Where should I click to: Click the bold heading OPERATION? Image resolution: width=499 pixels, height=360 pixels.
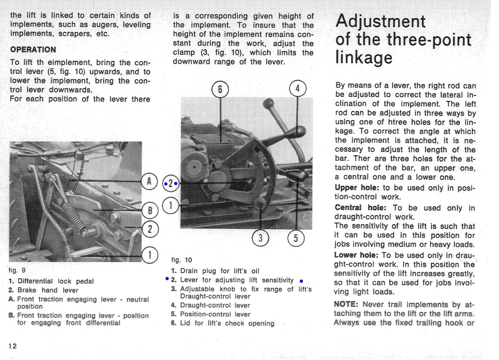tap(33, 49)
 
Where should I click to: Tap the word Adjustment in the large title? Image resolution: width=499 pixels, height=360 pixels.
tap(380, 21)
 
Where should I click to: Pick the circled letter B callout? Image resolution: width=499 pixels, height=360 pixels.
tap(150, 210)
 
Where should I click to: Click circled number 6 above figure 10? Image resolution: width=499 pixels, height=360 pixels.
tap(220, 89)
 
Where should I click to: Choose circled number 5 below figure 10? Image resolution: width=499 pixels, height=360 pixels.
tap(296, 238)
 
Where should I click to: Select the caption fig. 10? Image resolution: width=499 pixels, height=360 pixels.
tap(182, 260)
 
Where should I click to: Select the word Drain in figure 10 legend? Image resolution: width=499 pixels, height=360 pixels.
tap(189, 271)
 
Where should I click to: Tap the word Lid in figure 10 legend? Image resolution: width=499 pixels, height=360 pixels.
tap(185, 323)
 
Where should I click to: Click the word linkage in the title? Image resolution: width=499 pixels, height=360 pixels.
tap(363, 58)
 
